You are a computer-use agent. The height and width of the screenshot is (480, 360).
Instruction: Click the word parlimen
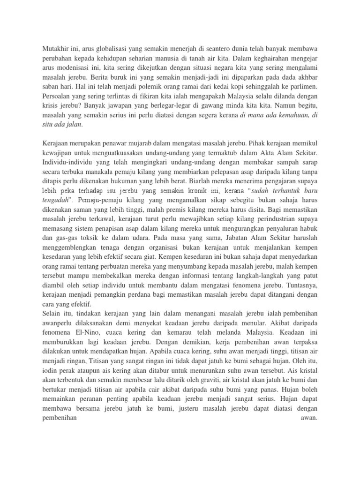(x=304, y=87)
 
